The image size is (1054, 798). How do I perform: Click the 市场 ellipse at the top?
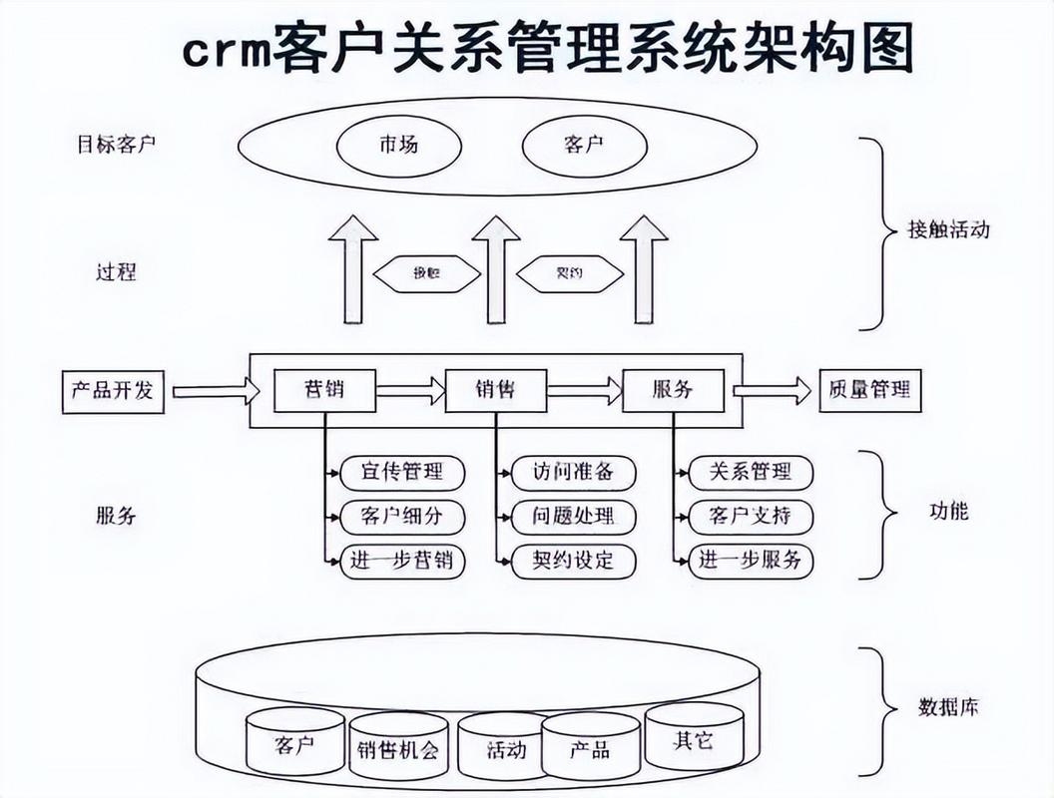(x=398, y=146)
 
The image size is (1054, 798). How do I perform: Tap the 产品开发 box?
(x=112, y=390)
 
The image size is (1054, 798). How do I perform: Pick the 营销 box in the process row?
(x=325, y=390)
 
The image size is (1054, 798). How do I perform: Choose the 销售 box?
(x=496, y=390)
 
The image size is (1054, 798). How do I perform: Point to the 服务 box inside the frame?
(x=673, y=390)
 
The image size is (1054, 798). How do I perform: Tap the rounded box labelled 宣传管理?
(x=402, y=472)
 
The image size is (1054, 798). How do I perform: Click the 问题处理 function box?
(x=573, y=517)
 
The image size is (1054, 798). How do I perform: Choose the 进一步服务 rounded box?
(x=751, y=561)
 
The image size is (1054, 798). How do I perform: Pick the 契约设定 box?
(x=573, y=561)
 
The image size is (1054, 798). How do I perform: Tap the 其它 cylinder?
(x=694, y=739)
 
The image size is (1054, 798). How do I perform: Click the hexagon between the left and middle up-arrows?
(x=426, y=273)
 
